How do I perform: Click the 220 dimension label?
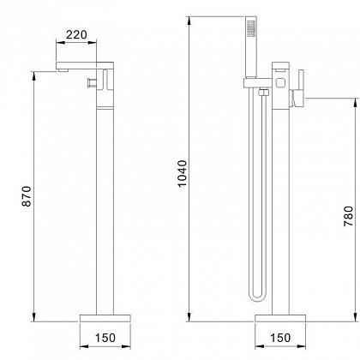[x=76, y=34]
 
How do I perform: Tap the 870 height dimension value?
[x=27, y=196]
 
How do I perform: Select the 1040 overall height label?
[x=182, y=173]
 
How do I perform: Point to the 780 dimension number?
[x=348, y=216]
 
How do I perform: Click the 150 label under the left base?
[x=105, y=338]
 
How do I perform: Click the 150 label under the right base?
[x=280, y=338]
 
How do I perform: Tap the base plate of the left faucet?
[x=105, y=318]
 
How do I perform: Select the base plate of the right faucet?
[x=280, y=318]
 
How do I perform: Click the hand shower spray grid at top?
[x=251, y=28]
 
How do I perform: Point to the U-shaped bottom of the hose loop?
[x=257, y=297]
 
